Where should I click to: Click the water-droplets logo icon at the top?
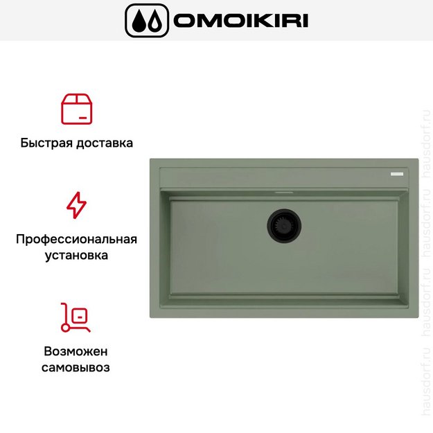pyautogui.click(x=146, y=21)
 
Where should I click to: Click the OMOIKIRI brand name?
pyautogui.click(x=240, y=21)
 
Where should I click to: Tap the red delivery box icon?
pyautogui.click(x=77, y=109)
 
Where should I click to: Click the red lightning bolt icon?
pyautogui.click(x=76, y=205)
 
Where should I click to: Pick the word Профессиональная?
pyautogui.click(x=76, y=240)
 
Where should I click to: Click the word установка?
pyautogui.click(x=76, y=256)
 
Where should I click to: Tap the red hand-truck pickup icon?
pyautogui.click(x=76, y=317)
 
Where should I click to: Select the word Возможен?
pyautogui.click(x=76, y=351)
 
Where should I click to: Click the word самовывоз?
pyautogui.click(x=76, y=367)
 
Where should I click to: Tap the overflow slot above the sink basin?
pyautogui.click(x=284, y=189)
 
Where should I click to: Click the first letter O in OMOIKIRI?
pyautogui.click(x=186, y=21)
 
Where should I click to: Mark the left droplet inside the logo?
pyautogui.click(x=139, y=22)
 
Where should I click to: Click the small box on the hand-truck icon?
pyautogui.click(x=80, y=315)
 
